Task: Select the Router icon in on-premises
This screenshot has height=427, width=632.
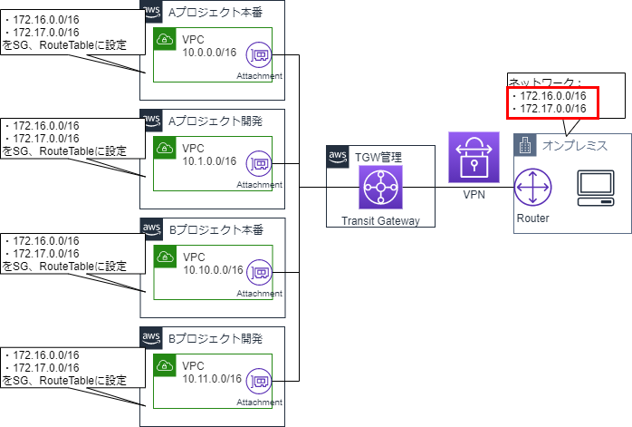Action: pyautogui.click(x=531, y=189)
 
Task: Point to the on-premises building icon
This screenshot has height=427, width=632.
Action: pyautogui.click(x=524, y=145)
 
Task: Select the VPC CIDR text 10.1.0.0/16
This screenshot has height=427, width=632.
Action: pyautogui.click(x=209, y=161)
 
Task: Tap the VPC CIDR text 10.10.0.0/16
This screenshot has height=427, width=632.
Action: pyautogui.click(x=212, y=270)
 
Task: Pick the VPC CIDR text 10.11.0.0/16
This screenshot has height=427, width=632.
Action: pyautogui.click(x=212, y=378)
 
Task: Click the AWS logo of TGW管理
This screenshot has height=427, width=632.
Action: pyautogui.click(x=338, y=157)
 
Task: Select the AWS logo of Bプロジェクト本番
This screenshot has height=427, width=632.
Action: pyautogui.click(x=151, y=229)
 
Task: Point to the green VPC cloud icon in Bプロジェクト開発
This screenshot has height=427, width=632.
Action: pyautogui.click(x=165, y=365)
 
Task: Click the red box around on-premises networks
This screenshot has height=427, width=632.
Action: pyautogui.click(x=552, y=102)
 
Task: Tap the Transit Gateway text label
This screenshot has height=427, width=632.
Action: pyautogui.click(x=380, y=220)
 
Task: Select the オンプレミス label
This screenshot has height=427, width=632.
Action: pyautogui.click(x=574, y=145)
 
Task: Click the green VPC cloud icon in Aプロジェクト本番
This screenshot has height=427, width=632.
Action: pyautogui.click(x=165, y=40)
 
